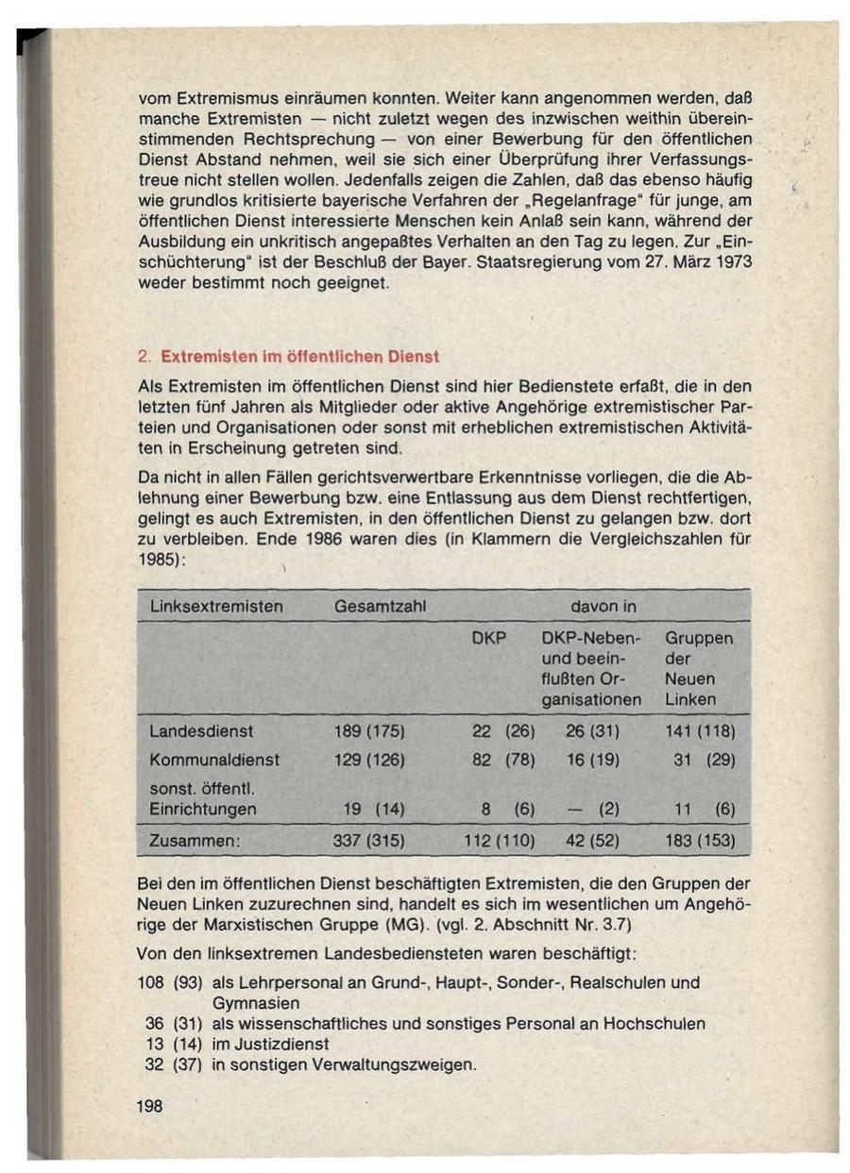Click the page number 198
tap(150, 1106)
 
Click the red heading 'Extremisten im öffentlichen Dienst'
tap(300, 358)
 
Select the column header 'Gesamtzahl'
tap(382, 607)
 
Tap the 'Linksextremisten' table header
tap(216, 607)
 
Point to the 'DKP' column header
tap(489, 639)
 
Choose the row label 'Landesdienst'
tap(201, 731)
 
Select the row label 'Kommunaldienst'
tap(214, 760)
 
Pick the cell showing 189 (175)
tap(369, 731)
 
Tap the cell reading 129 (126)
tap(369, 760)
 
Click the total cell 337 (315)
tap(369, 840)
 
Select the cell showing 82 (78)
tap(503, 760)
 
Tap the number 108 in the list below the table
tap(151, 982)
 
